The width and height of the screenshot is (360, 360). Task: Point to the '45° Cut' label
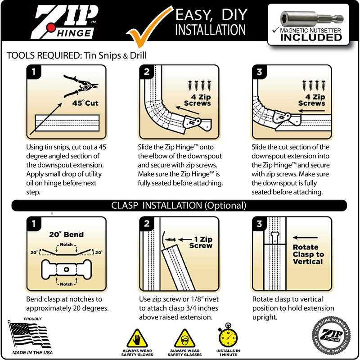click(x=85, y=103)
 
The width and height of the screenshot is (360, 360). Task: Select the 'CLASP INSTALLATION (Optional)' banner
click(x=179, y=206)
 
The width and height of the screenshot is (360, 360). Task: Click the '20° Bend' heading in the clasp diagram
click(x=66, y=234)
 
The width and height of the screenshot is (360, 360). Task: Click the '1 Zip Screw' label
click(x=200, y=243)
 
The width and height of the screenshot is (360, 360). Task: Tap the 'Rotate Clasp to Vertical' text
click(x=308, y=254)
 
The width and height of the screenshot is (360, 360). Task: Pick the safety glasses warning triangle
click(x=183, y=337)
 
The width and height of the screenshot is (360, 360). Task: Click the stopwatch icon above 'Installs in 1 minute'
click(x=228, y=335)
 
